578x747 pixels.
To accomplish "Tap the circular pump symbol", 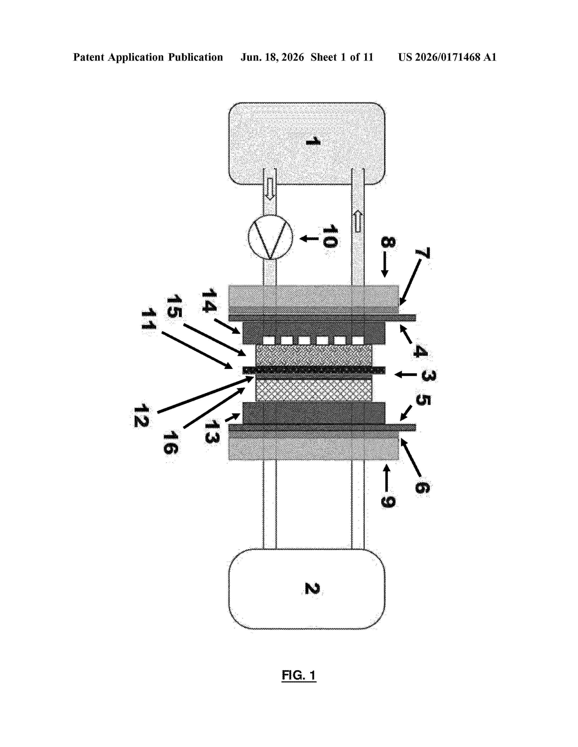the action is [270, 237].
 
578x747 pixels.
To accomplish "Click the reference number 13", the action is [212, 432].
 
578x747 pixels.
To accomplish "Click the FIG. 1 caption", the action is [299, 675].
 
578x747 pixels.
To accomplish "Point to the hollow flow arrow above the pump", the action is [270, 189].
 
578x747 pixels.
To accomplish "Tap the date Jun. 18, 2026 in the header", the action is [272, 57].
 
